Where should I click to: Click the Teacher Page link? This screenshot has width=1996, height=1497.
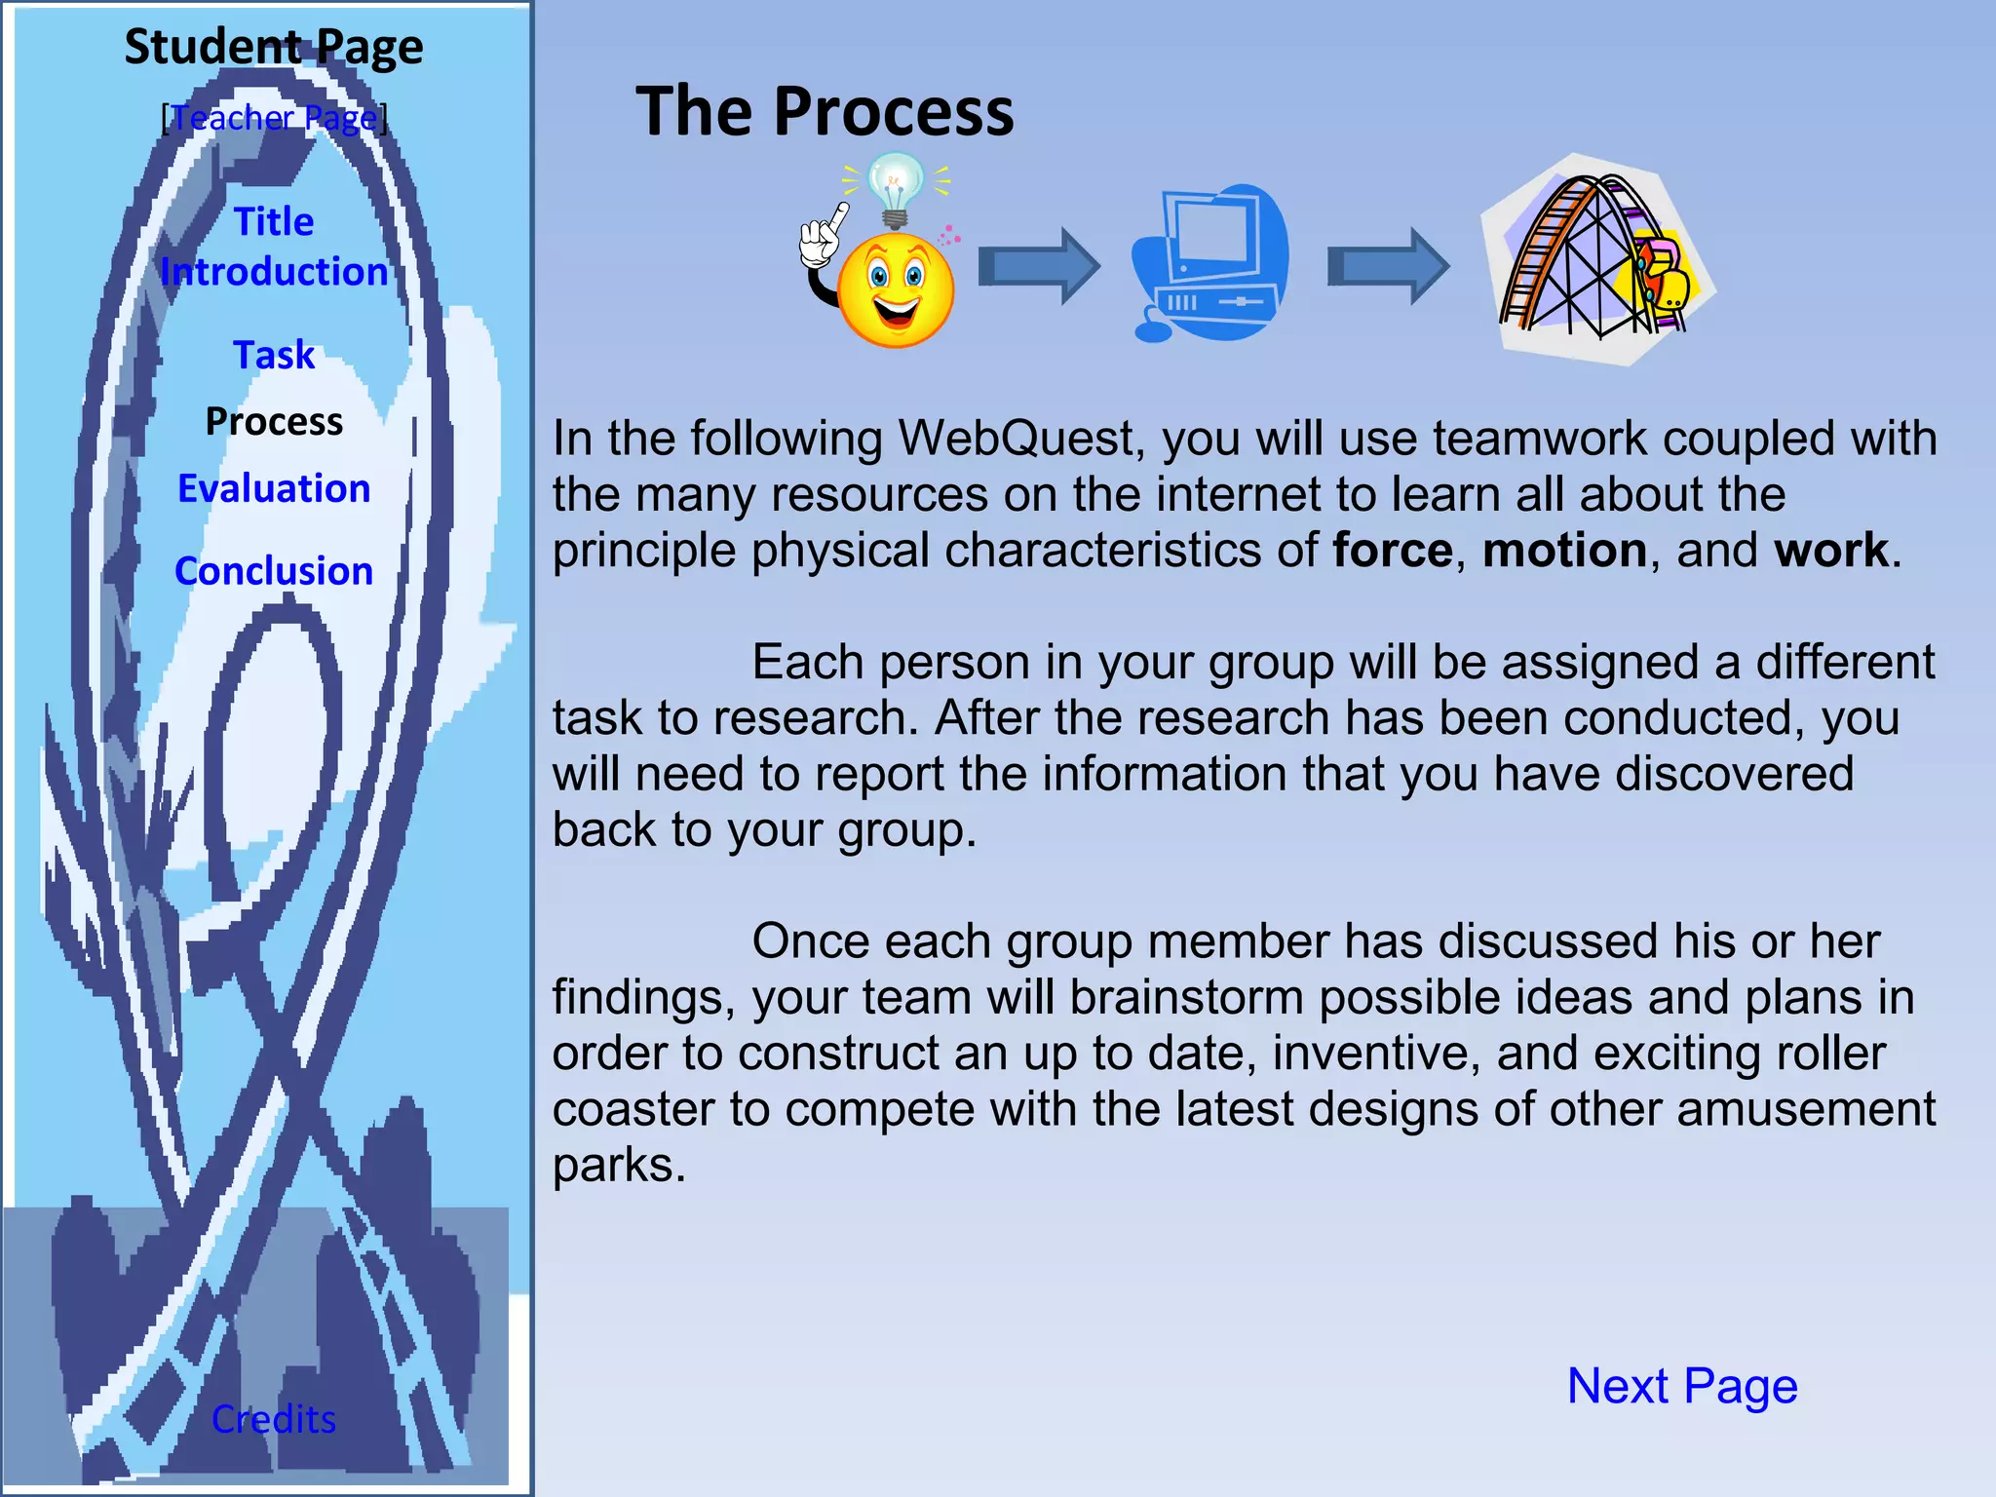click(274, 118)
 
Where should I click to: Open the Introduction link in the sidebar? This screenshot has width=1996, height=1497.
click(274, 272)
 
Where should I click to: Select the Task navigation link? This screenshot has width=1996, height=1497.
click(274, 355)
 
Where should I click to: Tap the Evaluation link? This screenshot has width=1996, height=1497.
click(274, 488)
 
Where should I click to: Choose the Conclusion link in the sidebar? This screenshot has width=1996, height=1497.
click(274, 571)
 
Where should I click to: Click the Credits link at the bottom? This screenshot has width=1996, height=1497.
click(274, 1419)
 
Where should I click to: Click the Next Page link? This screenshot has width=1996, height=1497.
click(1682, 1385)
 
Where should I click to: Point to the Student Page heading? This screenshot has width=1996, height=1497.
click(274, 47)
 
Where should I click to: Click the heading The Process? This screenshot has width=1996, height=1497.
click(825, 111)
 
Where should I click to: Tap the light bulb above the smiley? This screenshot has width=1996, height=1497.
click(895, 188)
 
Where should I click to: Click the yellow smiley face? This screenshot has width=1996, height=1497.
click(896, 289)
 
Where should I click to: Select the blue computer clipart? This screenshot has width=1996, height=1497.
click(1209, 263)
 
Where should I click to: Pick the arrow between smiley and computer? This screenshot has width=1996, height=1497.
click(1039, 266)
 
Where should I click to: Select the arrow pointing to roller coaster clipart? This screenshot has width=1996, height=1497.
click(1388, 266)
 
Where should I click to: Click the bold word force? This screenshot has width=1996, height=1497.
click(1393, 551)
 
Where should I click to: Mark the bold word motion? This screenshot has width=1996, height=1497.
click(1564, 551)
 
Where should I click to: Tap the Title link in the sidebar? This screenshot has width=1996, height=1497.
click(274, 222)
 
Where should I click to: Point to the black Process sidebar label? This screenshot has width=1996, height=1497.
click(274, 421)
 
